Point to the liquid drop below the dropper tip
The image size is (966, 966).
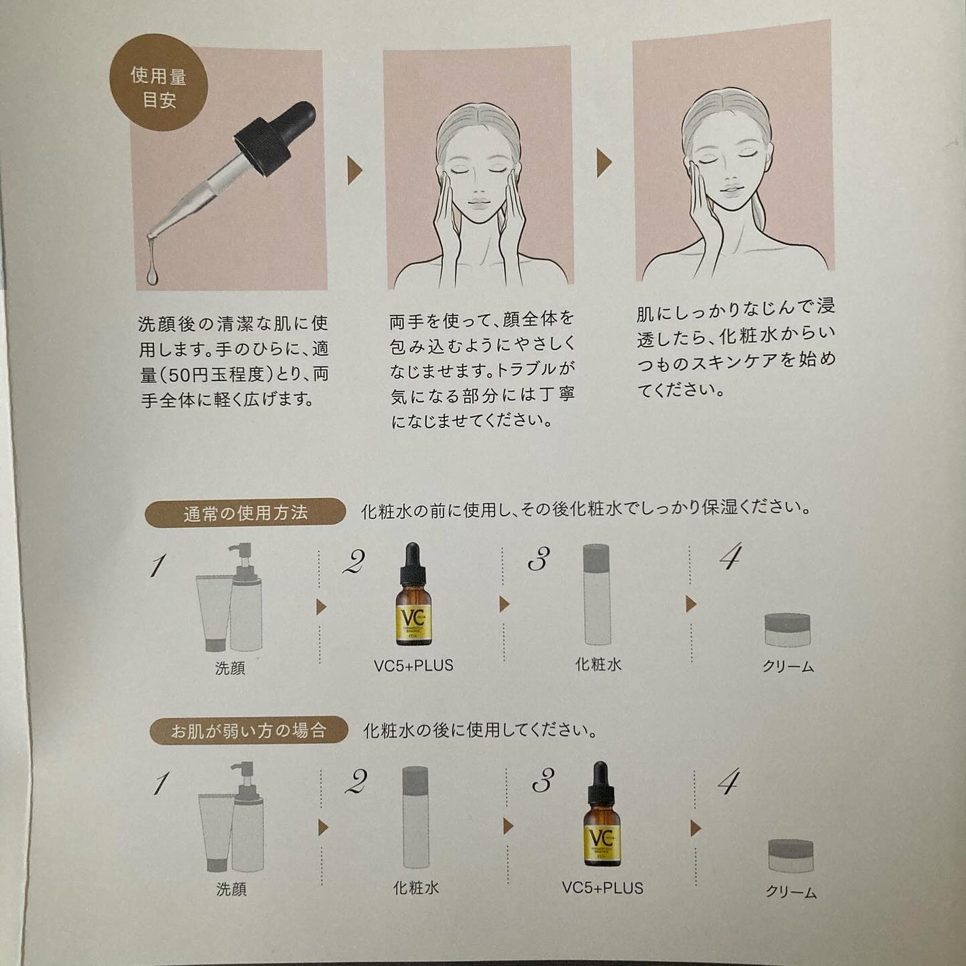(151, 272)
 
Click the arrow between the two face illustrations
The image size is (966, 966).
(604, 163)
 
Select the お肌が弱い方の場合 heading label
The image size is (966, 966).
(248, 731)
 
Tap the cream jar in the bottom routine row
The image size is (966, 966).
(791, 855)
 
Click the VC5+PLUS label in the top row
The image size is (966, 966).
(413, 665)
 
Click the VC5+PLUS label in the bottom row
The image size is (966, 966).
(602, 887)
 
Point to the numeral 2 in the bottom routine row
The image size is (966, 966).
(355, 784)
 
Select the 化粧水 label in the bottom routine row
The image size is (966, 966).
(416, 888)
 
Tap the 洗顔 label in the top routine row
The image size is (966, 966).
(230, 668)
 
